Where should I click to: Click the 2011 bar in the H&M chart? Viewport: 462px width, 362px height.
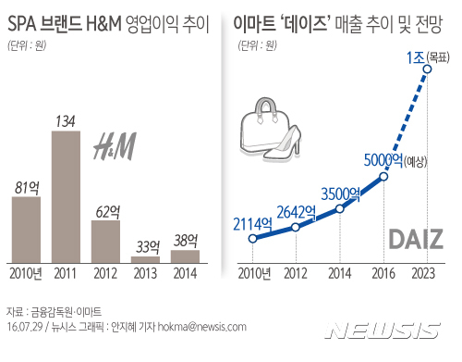[66, 196]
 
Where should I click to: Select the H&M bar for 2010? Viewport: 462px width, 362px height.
[26, 229]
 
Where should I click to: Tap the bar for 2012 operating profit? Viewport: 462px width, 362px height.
[105, 241]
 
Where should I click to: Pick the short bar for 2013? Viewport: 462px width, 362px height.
[145, 259]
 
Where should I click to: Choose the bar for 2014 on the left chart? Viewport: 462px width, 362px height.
[185, 256]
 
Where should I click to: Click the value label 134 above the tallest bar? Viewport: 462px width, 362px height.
[66, 119]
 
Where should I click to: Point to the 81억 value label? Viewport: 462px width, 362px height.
[26, 186]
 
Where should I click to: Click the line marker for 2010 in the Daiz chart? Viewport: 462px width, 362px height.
[252, 238]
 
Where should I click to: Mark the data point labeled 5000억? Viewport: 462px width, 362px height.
[384, 175]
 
